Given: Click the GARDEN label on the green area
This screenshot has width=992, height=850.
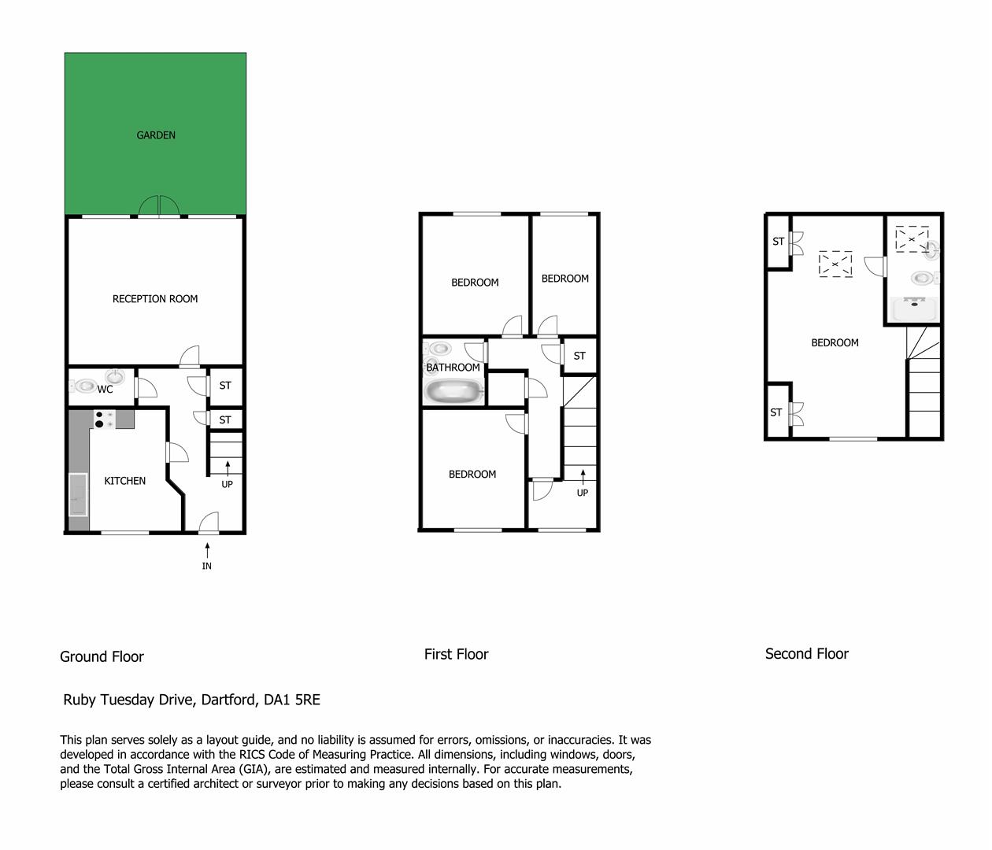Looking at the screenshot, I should [x=156, y=135].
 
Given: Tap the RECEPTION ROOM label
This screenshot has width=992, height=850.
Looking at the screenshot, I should [x=155, y=299].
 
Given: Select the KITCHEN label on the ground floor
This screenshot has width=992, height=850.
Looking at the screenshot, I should [x=125, y=481].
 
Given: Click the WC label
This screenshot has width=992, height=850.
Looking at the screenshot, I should [x=105, y=389].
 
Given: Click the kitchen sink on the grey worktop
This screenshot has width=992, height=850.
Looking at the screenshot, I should [x=78, y=493].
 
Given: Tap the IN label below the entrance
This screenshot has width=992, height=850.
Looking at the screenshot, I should [x=207, y=566].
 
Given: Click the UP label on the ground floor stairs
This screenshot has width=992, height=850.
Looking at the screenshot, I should [x=227, y=484].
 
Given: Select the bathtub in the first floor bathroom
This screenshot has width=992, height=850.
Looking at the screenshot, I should [x=453, y=391].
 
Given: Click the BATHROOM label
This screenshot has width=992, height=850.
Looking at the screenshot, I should [x=453, y=368].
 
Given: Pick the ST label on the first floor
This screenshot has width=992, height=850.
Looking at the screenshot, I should [x=579, y=356].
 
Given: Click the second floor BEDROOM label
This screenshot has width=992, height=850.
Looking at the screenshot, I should [x=835, y=342].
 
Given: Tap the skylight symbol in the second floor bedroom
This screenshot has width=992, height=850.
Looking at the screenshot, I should [x=835, y=264].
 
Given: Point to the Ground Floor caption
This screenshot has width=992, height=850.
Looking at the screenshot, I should [x=102, y=656].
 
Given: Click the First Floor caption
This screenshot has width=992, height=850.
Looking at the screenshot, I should [x=456, y=654].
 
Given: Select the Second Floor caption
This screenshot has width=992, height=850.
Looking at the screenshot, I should [x=806, y=653].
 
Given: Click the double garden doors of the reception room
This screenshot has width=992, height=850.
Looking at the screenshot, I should [x=160, y=206].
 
